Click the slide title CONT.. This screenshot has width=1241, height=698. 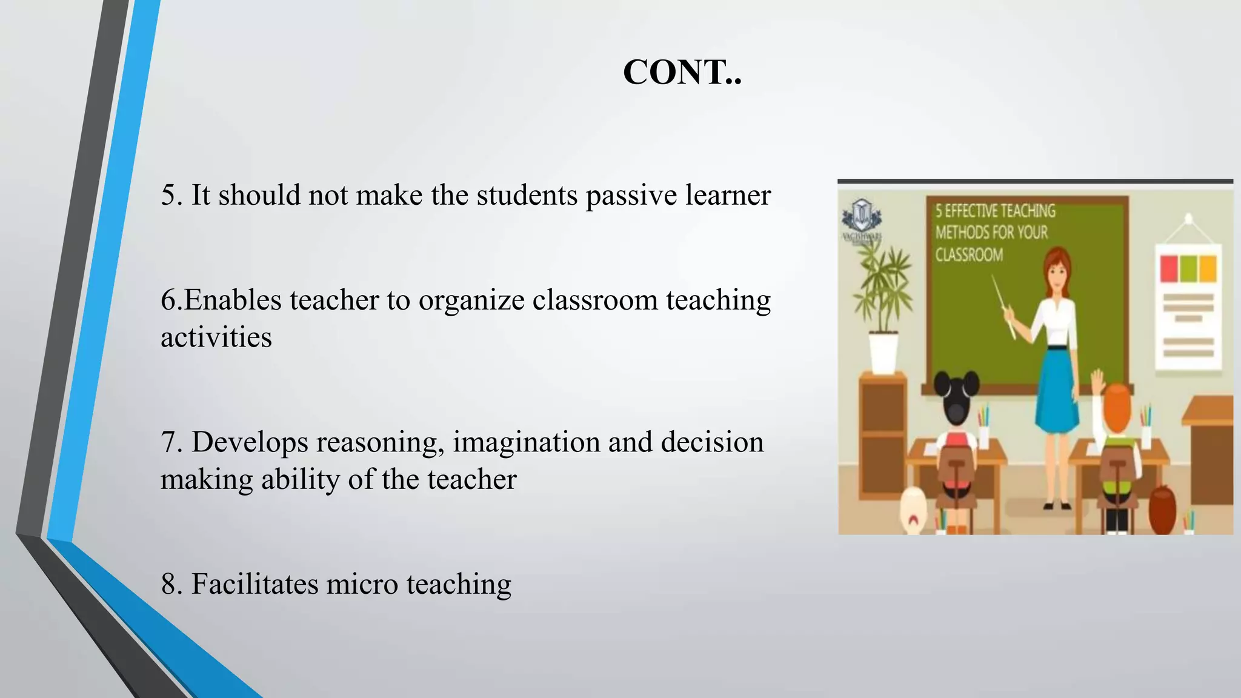tap(682, 73)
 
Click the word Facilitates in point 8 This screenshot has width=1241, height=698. tap(255, 584)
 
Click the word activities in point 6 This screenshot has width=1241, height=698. tap(216, 337)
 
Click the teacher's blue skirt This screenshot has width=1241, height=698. tap(1058, 388)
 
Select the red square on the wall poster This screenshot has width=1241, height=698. tap(1168, 269)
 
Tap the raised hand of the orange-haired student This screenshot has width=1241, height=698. tap(1098, 382)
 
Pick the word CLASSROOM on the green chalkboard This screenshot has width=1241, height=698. tap(969, 254)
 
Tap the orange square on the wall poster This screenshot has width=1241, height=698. tap(1208, 269)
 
